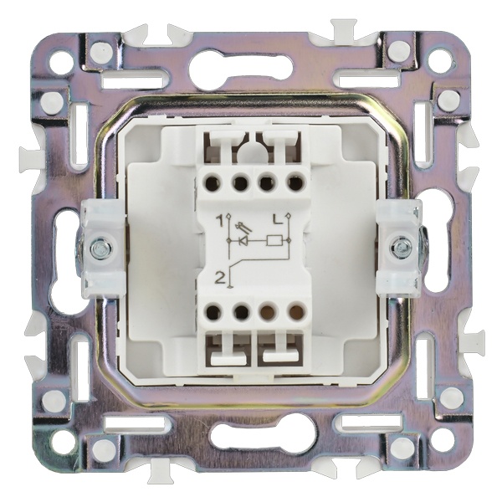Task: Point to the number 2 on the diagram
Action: [x=219, y=279]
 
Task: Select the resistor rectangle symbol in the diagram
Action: [x=274, y=240]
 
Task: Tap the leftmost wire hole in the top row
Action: [x=212, y=183]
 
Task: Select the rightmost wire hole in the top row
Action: [x=295, y=182]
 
